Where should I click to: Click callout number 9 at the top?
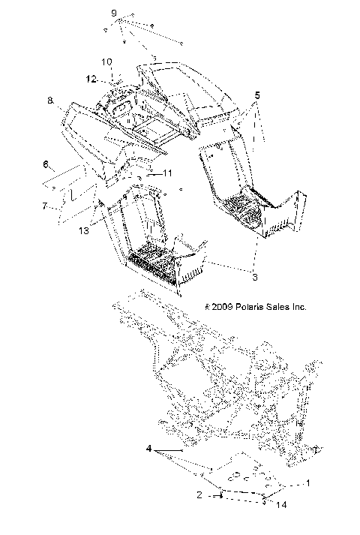pos(114,14)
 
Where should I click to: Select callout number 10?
pos(106,62)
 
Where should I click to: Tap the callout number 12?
pos(90,78)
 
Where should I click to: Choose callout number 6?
pos(45,164)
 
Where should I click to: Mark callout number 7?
pos(45,204)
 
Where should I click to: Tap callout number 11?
pos(166,173)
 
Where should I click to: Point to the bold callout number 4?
pos(150,450)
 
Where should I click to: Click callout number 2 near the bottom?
pos(199,494)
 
